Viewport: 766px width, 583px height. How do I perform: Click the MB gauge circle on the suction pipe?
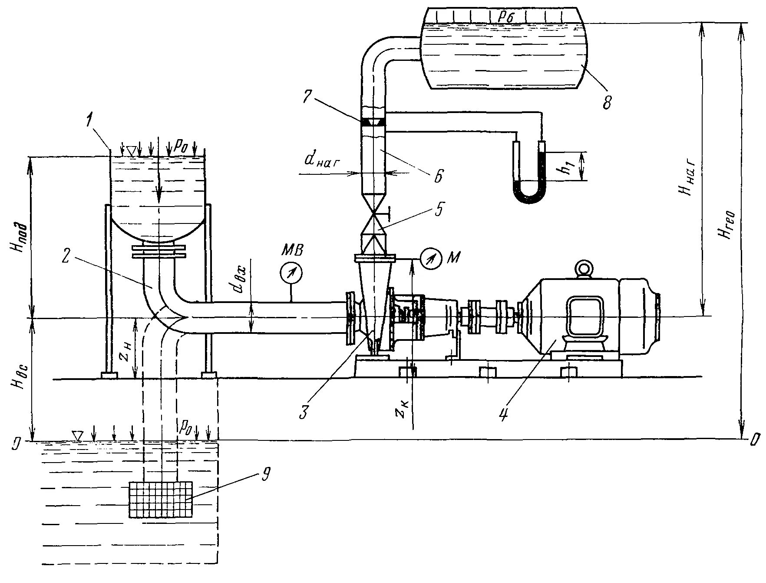pyautogui.click(x=291, y=273)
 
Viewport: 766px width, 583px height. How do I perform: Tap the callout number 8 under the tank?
pyautogui.click(x=607, y=103)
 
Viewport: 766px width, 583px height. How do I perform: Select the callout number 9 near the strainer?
pyautogui.click(x=265, y=475)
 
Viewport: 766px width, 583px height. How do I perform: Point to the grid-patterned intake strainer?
pyautogui.click(x=161, y=499)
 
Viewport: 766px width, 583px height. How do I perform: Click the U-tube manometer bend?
pyautogui.click(x=528, y=196)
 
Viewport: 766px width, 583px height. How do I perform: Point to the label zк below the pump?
pyautogui.click(x=403, y=409)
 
